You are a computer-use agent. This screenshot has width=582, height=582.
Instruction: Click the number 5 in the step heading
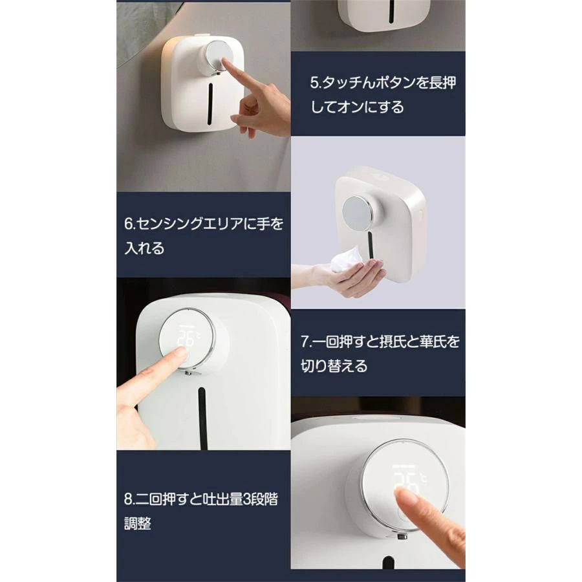(314, 83)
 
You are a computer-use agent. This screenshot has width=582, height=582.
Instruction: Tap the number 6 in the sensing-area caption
(129, 224)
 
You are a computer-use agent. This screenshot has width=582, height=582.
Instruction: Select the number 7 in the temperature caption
(305, 341)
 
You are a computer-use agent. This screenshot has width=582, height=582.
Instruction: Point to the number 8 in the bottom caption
(129, 499)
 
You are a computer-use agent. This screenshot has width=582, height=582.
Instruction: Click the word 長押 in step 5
(442, 82)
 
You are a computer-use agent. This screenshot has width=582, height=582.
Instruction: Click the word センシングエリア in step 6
(190, 224)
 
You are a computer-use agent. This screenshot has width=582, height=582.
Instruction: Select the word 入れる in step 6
(144, 248)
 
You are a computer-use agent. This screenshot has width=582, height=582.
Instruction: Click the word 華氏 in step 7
(433, 341)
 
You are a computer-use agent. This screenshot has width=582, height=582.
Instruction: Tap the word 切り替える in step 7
(334, 366)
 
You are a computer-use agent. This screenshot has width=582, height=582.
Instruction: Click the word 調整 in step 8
(138, 524)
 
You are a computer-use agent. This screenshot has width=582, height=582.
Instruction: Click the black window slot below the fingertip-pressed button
(210, 103)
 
